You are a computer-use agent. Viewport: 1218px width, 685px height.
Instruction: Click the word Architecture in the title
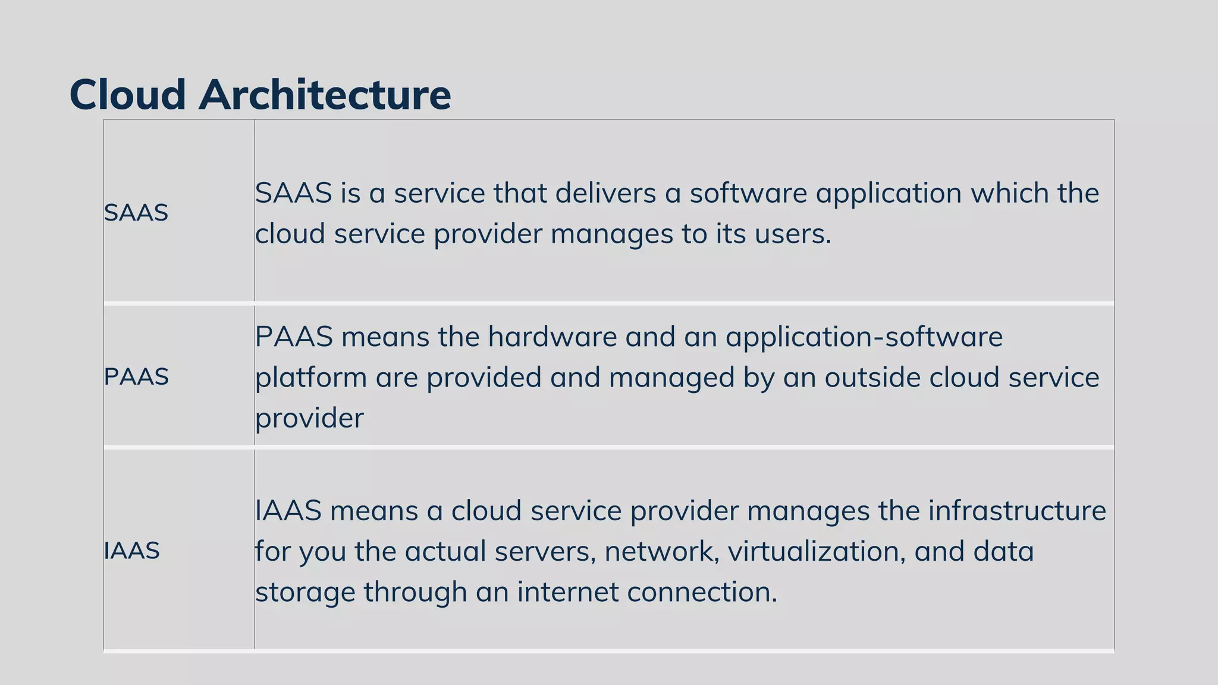(x=325, y=95)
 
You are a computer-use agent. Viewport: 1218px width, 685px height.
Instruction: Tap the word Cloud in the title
(x=128, y=95)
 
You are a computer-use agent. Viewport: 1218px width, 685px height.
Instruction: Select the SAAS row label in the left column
(x=136, y=213)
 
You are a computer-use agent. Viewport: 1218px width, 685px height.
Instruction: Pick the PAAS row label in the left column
(x=136, y=377)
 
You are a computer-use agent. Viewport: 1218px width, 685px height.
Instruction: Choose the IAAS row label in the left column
(x=131, y=551)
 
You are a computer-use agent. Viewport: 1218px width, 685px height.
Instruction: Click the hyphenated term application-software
(x=864, y=337)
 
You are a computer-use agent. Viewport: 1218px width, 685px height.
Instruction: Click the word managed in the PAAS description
(x=671, y=378)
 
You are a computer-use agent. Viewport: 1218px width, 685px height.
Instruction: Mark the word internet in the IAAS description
(x=567, y=592)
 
